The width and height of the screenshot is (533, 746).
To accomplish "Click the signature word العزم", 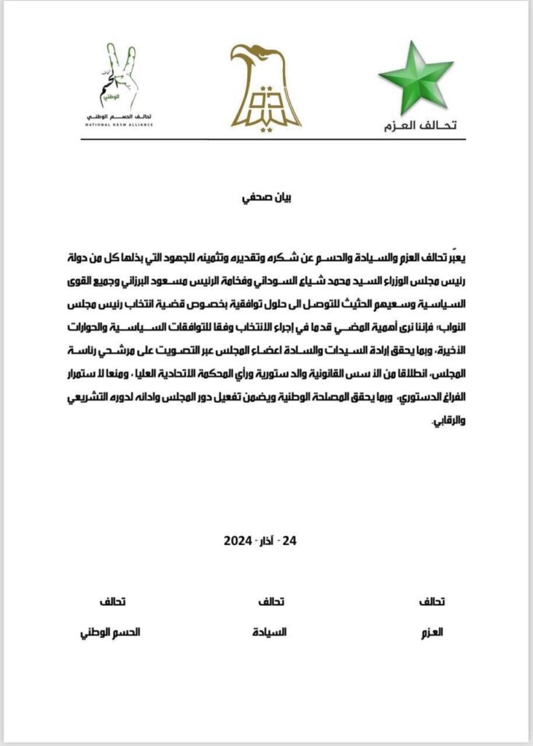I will click(x=433, y=632).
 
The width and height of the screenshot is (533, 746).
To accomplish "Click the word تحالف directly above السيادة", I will click(x=272, y=602).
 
